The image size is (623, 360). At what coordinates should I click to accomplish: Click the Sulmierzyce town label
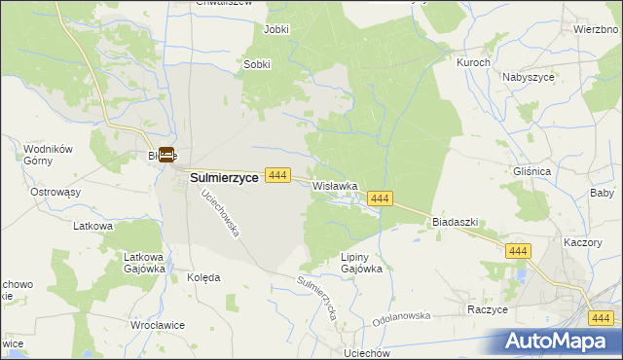(223, 178)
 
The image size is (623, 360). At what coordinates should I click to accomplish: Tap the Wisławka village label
(336, 185)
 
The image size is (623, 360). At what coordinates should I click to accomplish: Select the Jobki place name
(277, 29)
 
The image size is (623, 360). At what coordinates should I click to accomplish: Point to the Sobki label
(256, 65)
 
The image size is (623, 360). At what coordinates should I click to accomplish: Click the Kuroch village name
(472, 61)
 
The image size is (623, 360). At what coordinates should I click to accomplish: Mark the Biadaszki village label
(455, 222)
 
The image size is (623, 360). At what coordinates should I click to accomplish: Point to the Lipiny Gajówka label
(352, 263)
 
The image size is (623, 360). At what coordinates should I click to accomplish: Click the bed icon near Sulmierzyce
(166, 155)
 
